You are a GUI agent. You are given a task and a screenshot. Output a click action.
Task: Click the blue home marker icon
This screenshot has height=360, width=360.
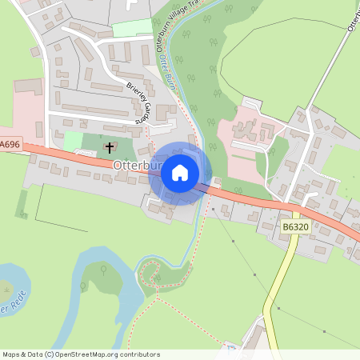click(x=180, y=173)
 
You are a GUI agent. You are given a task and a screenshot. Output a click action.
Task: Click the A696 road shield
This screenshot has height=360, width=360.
click(x=10, y=144)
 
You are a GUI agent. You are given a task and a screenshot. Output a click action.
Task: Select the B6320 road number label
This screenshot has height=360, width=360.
click(x=296, y=227)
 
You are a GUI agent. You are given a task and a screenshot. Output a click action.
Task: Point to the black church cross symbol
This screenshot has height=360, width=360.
click(x=110, y=147)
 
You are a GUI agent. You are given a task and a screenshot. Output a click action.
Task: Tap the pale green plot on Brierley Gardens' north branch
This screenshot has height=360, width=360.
click(x=131, y=28)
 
